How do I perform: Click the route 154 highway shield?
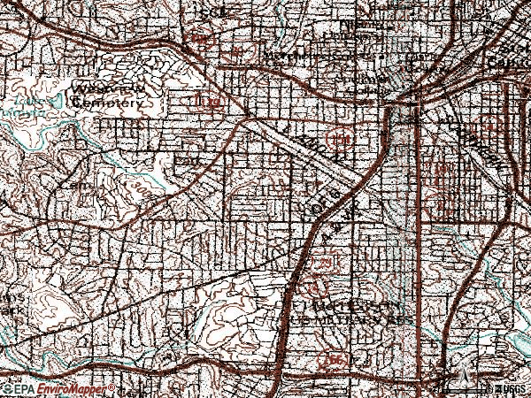pos(336,138)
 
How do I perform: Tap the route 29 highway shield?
pos(325,264)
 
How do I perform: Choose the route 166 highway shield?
pos(335,361)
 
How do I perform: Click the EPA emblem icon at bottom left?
pos(7,389)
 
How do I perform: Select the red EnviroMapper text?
pos(71,389)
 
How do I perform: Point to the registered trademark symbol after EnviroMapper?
pos(110,387)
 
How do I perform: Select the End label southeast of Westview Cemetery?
pos(185,162)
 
